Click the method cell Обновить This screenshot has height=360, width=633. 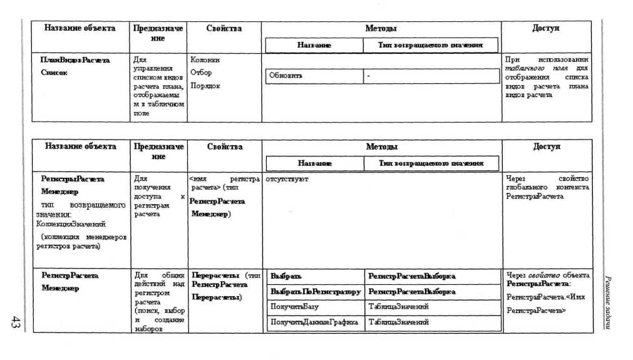pos(286,76)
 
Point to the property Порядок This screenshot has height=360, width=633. pos(205,86)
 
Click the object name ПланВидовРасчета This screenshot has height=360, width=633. pos(75,60)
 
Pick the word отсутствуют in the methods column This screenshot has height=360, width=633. pos(287,179)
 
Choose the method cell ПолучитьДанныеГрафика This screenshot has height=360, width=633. pos(314,322)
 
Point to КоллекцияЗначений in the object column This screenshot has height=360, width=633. pos(68,224)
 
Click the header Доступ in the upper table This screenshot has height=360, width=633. pos(546,29)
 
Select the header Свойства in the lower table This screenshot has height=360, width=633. pos(224,147)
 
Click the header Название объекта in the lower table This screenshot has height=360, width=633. pos(80,147)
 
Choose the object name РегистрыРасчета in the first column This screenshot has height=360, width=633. pos(73,179)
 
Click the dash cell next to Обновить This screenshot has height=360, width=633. pos(369,76)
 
